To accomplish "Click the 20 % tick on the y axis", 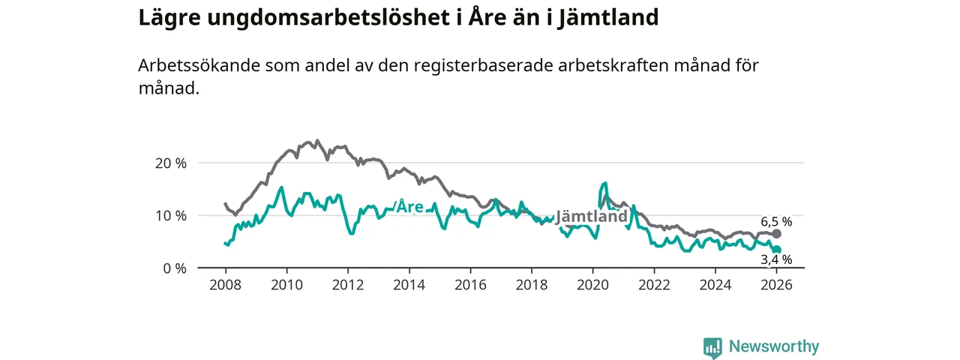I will pyautogui.click(x=170, y=163).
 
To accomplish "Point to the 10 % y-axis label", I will pyautogui.click(x=170, y=215).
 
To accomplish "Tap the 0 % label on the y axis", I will pyautogui.click(x=174, y=268).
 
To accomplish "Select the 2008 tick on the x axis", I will pyautogui.click(x=225, y=285).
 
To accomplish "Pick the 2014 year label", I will pyautogui.click(x=409, y=285).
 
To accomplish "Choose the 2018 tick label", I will pyautogui.click(x=532, y=285).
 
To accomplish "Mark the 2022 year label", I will pyautogui.click(x=654, y=285).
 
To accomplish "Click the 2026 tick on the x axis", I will pyautogui.click(x=777, y=285).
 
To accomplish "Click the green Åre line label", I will pyautogui.click(x=410, y=207).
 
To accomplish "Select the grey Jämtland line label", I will pyautogui.click(x=591, y=216).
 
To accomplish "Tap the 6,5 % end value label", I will pyautogui.click(x=776, y=222).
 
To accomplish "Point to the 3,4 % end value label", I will pyautogui.click(x=776, y=260).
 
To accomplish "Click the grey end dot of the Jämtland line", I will pyautogui.click(x=777, y=234).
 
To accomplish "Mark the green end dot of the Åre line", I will pyautogui.click(x=777, y=250).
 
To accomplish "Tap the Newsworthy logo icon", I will pyautogui.click(x=712, y=347).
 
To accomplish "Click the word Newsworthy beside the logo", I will pyautogui.click(x=774, y=347).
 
